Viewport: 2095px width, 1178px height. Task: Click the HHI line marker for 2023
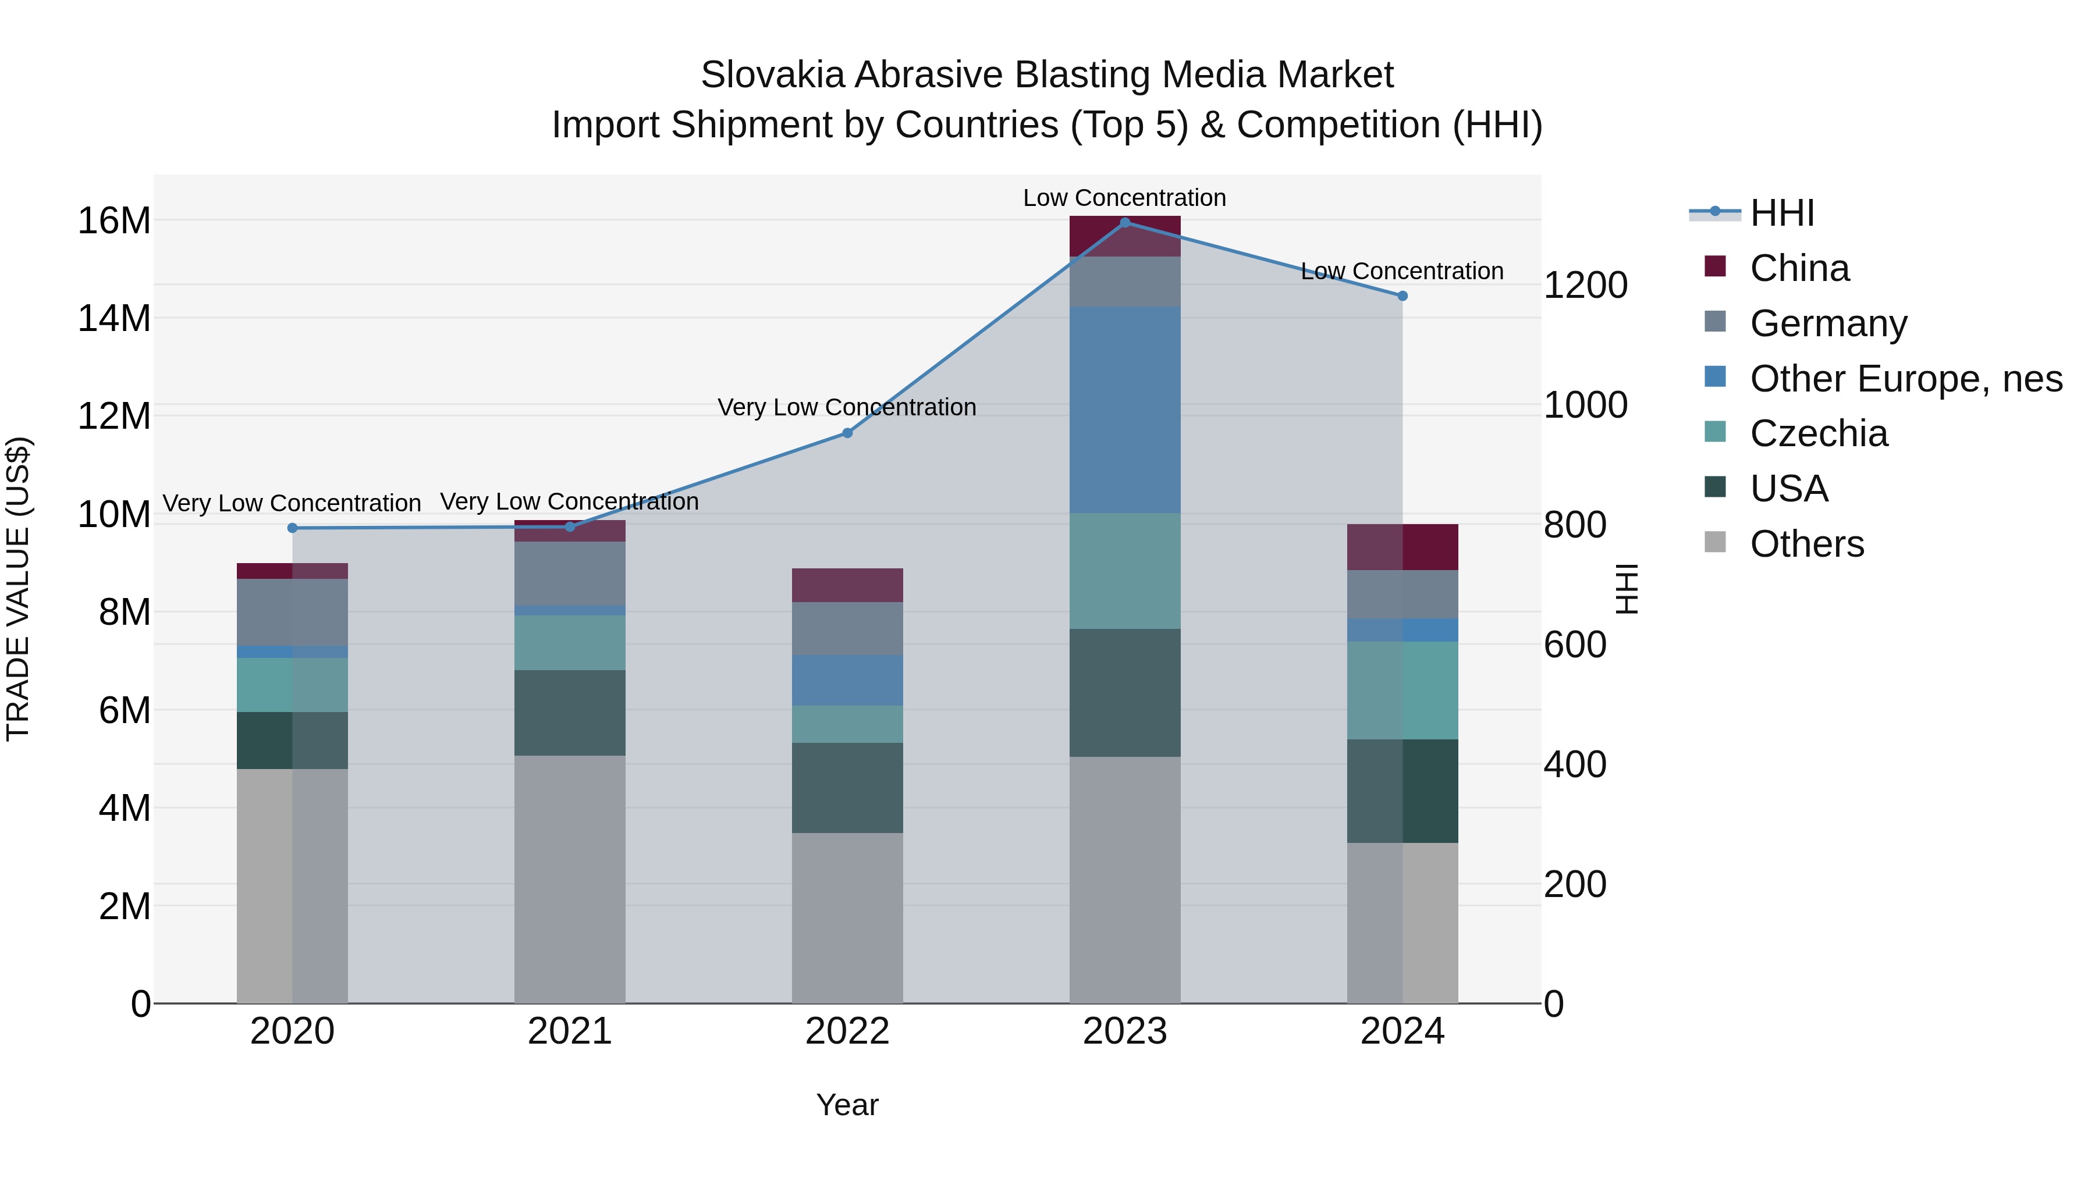(x=1125, y=222)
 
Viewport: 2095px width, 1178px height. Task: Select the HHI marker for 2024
(x=1402, y=296)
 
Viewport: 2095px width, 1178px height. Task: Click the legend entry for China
(x=1799, y=268)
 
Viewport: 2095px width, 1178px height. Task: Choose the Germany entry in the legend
(x=1827, y=323)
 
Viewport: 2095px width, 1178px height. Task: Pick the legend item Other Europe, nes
(x=1905, y=379)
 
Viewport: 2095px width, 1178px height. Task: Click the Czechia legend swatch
(x=1715, y=432)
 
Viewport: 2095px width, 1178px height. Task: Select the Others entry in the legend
(x=1806, y=544)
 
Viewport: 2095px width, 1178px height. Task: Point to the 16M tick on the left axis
(x=114, y=221)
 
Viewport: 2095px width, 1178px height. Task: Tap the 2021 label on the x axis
(x=569, y=1031)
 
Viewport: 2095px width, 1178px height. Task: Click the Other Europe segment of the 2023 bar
(x=1125, y=409)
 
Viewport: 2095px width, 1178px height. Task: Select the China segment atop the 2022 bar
(x=847, y=585)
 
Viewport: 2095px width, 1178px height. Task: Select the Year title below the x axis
(x=847, y=1105)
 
